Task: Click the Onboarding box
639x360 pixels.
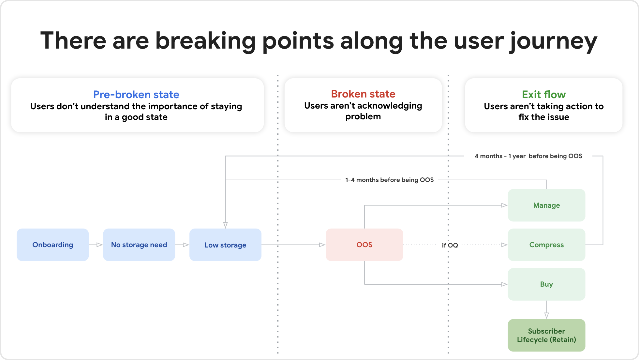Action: [52, 245]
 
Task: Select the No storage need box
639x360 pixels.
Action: [139, 245]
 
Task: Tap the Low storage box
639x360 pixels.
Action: [225, 245]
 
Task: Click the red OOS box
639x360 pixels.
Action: [364, 245]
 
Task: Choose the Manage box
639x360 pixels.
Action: [546, 205]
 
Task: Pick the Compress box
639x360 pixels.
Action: [546, 245]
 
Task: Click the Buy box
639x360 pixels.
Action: [546, 284]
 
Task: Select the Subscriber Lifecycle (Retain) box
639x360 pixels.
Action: [546, 335]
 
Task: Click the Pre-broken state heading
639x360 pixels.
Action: [136, 94]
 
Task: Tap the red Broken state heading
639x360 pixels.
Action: [363, 94]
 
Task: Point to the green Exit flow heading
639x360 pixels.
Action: [543, 94]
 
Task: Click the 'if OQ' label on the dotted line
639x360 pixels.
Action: [450, 245]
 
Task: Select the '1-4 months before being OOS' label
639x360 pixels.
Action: [389, 180]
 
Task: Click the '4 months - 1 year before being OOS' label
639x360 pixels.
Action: [528, 156]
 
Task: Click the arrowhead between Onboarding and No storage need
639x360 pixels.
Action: [99, 245]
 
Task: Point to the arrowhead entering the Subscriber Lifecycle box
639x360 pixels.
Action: [546, 315]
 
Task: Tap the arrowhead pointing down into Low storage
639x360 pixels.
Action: [225, 225]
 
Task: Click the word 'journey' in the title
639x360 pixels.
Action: [553, 41]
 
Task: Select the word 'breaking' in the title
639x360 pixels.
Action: [205, 41]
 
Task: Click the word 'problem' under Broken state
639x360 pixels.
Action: [363, 116]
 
